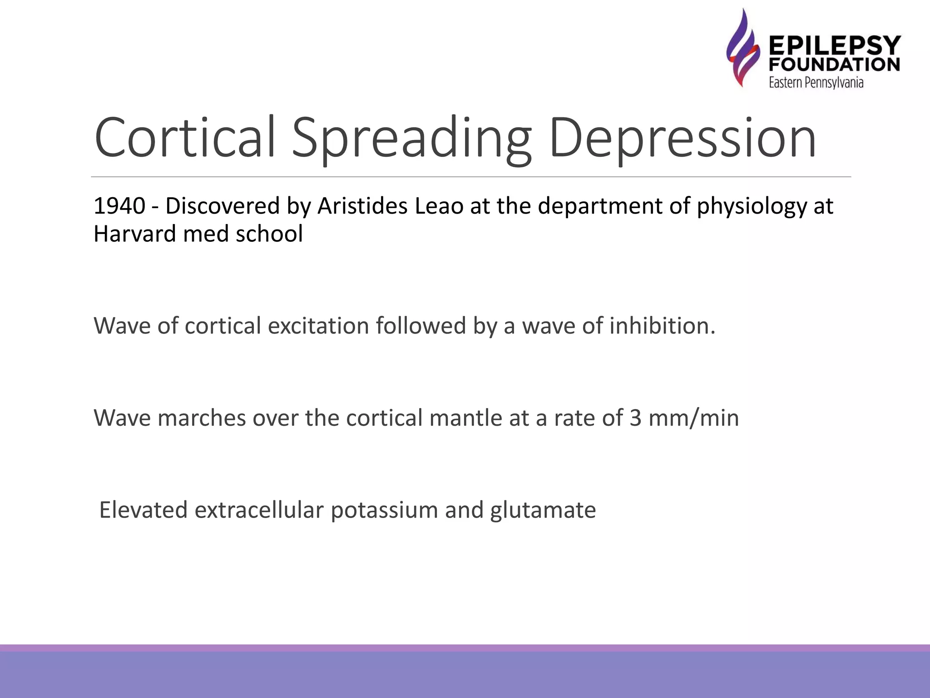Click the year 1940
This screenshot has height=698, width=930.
pos(119,206)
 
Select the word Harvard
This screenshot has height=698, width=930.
pos(134,234)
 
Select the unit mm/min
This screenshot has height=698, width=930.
pos(693,419)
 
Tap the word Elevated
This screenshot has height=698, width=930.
pos(143,509)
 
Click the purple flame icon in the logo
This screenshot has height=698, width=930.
pos(742,48)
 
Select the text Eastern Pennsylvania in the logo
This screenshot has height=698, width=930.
pos(816,83)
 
